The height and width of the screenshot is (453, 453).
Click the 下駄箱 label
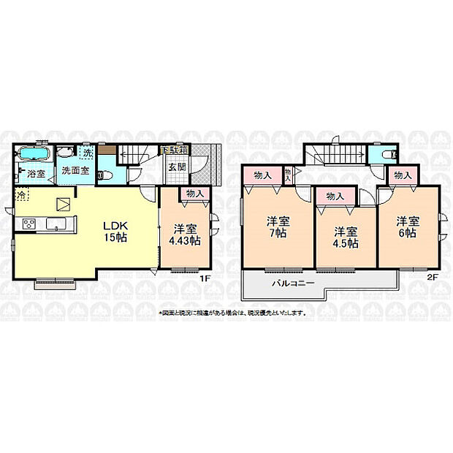175,149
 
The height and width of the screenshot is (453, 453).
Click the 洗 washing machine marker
87,154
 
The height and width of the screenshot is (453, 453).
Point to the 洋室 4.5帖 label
342,237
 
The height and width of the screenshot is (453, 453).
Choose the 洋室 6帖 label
408,226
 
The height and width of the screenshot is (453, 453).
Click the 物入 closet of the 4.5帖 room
335,197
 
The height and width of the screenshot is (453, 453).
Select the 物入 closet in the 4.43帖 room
194,193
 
